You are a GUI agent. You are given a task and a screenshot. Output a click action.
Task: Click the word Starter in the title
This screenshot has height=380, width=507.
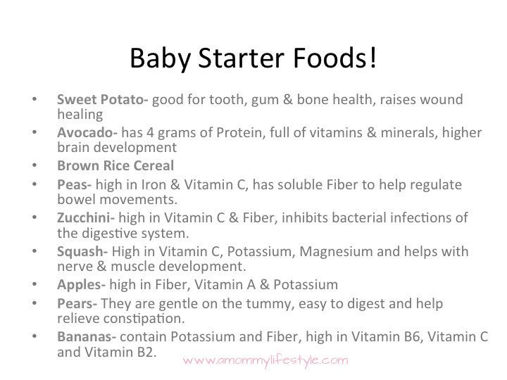click(241, 58)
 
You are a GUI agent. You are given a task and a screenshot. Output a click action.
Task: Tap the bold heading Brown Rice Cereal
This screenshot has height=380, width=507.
click(115, 165)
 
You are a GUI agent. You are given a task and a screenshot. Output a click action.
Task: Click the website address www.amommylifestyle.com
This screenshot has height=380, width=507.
click(265, 360)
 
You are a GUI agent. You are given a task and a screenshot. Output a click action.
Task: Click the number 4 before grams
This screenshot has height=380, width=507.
click(150, 132)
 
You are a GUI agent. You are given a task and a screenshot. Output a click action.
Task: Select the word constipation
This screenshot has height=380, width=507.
click(144, 319)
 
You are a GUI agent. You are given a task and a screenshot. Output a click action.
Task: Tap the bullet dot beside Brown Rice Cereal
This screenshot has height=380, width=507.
click(35, 165)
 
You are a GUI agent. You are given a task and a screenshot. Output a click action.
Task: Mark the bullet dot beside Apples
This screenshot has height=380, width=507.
click(35, 284)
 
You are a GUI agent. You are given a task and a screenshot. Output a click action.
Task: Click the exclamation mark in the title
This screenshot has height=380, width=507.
click(373, 58)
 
